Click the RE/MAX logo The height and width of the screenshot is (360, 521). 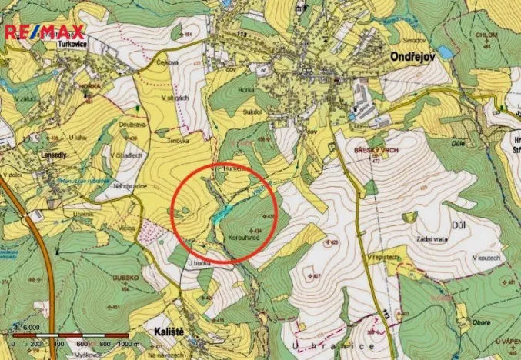[44, 32]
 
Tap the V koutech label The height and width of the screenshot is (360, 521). [486, 256]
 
